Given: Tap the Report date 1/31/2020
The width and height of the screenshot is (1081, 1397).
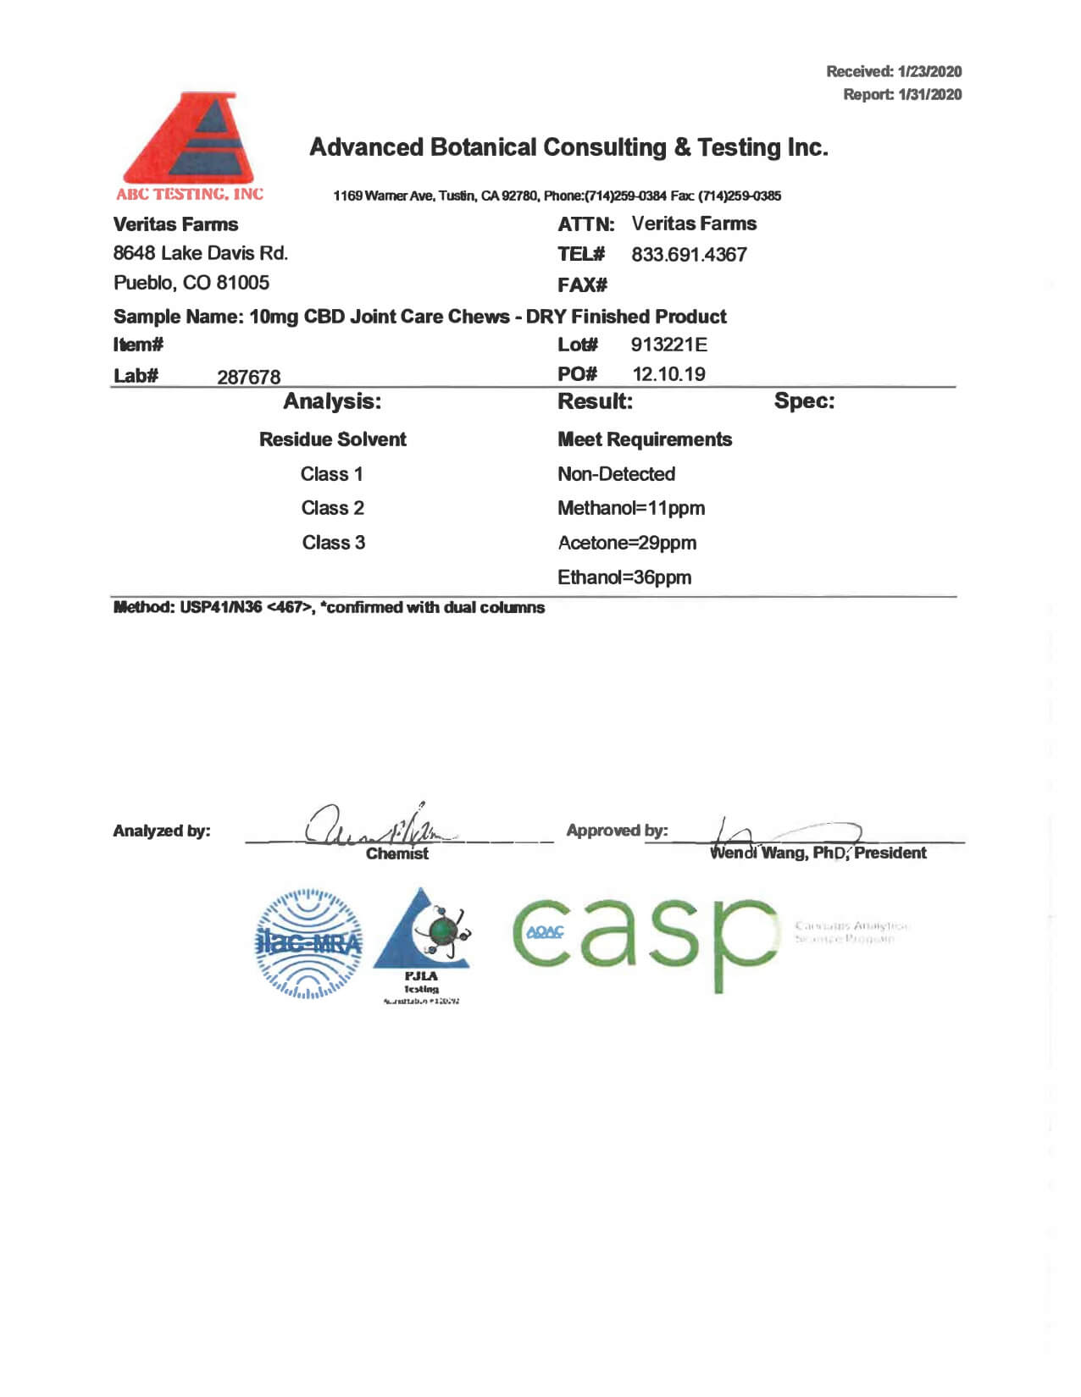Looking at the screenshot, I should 929,95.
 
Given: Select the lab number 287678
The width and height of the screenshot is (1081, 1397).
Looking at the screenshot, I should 248,378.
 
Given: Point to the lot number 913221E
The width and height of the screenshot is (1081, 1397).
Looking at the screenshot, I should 668,345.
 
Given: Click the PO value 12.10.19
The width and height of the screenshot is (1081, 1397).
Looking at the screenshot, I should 668,374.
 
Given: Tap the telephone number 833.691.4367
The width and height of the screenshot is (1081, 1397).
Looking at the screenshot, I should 689,255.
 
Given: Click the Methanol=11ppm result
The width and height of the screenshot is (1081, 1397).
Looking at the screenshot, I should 631,508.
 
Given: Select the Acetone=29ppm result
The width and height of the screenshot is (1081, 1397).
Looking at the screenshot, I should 627,543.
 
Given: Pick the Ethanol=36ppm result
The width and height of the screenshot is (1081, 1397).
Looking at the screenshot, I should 624,577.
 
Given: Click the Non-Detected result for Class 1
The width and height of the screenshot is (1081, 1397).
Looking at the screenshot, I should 616,474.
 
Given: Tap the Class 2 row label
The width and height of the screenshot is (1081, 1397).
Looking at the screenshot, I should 333,508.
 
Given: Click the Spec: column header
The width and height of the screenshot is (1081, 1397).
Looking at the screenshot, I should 804,401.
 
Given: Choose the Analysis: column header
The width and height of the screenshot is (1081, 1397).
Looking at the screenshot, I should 332,401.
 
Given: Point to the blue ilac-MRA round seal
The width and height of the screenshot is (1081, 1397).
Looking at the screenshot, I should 309,943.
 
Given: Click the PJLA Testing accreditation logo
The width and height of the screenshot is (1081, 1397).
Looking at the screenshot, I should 422,944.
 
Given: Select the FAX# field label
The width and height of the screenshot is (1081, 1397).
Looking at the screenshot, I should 582,285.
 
